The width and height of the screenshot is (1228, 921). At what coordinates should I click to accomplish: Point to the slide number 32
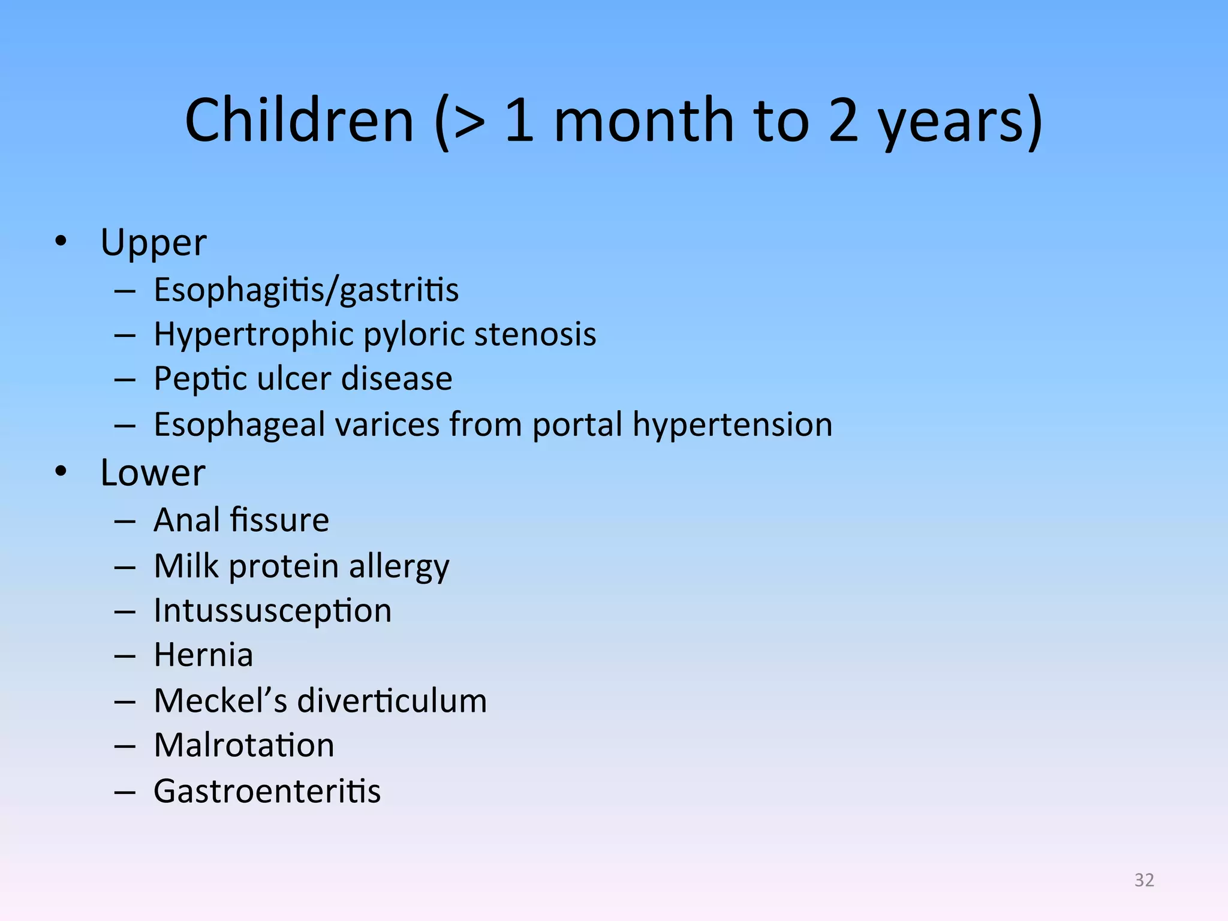click(x=1144, y=880)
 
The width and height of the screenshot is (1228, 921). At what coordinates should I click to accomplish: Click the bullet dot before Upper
click(x=61, y=241)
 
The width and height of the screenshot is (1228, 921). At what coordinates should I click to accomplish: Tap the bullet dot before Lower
click(x=61, y=471)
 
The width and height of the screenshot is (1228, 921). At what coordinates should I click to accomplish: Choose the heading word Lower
click(x=152, y=473)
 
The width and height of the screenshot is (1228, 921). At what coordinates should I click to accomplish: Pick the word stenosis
click(x=535, y=334)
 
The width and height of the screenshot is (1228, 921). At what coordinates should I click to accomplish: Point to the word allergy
click(x=399, y=567)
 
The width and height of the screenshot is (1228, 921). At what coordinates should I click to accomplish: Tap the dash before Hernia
click(x=125, y=656)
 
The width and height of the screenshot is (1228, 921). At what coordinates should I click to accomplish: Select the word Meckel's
click(x=220, y=700)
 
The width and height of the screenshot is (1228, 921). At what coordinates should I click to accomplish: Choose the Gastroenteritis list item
click(x=267, y=791)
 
